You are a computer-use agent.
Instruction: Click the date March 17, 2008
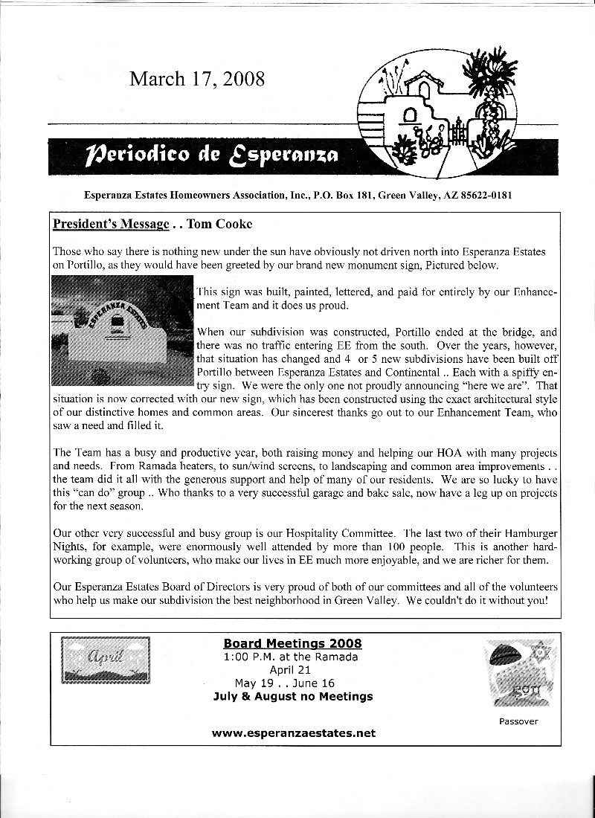[196, 79]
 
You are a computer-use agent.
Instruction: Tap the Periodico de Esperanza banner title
[213, 155]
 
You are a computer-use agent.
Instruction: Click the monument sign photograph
[123, 330]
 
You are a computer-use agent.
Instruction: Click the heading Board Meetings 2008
[292, 644]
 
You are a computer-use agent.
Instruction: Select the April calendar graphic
[105, 660]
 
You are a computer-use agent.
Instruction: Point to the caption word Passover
[518, 721]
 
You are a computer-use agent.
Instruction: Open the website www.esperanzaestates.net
[293, 733]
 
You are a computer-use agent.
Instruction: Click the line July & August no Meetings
[292, 697]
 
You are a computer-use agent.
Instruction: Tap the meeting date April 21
[292, 670]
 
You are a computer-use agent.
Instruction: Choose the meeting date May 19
[255, 683]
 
